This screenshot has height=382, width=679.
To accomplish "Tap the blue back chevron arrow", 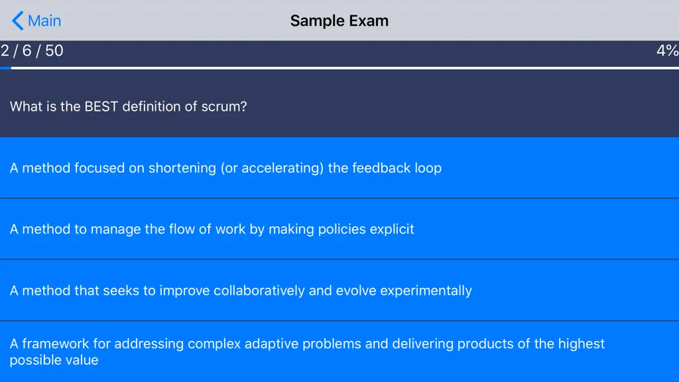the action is [x=17, y=21].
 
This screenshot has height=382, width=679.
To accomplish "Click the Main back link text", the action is [x=44, y=21].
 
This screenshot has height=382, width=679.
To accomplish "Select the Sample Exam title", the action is [x=339, y=21].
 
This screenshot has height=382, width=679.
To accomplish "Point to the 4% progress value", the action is [x=667, y=50].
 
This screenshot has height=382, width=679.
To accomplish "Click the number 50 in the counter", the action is [x=54, y=50].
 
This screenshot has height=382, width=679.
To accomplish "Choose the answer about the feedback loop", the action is [x=225, y=168].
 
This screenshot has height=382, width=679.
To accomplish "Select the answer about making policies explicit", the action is [x=212, y=229].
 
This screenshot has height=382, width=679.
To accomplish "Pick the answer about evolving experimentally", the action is [x=241, y=290].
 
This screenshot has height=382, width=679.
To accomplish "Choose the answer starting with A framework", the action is [x=307, y=351].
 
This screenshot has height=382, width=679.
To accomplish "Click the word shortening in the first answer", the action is [x=182, y=168].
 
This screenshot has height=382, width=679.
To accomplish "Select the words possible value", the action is [x=54, y=360].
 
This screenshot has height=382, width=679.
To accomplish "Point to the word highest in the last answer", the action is [x=581, y=344].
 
